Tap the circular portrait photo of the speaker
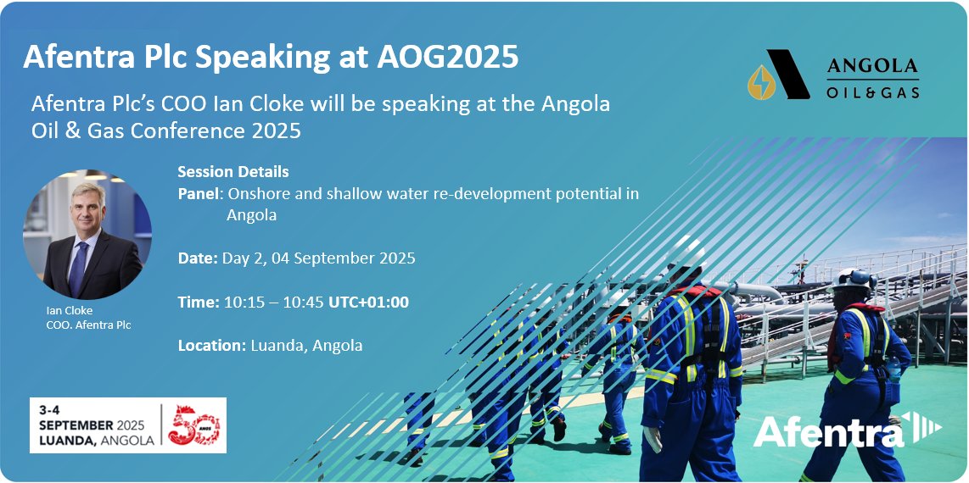[x=88, y=234]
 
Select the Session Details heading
[x=233, y=172]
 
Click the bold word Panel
[x=199, y=194]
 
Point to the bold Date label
[x=198, y=258]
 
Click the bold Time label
[x=199, y=302]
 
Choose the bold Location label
[x=212, y=345]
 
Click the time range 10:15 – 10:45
[x=273, y=302]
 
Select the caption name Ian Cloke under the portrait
[x=70, y=310]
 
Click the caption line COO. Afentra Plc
[x=89, y=325]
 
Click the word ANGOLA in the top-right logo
[x=872, y=66]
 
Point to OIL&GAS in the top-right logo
[x=872, y=92]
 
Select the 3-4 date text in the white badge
[x=53, y=409]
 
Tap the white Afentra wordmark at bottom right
[x=828, y=431]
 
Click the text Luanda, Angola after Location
[x=307, y=345]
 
